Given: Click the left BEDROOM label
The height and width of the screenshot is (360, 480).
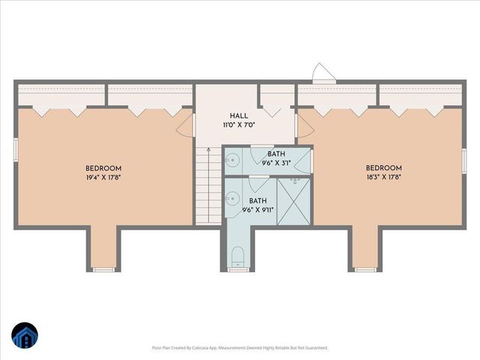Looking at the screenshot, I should (x=103, y=168).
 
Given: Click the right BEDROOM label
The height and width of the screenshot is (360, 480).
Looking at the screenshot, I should (x=384, y=168).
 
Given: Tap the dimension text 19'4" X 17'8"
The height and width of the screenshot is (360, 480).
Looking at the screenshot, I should (x=103, y=178).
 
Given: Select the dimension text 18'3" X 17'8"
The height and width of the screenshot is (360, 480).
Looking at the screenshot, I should (x=384, y=178).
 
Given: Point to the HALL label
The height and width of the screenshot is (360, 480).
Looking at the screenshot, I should (x=239, y=115).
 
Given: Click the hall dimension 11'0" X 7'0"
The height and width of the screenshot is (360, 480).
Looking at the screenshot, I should (x=239, y=125).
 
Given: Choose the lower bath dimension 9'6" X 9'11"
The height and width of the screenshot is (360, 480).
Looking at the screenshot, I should (x=258, y=211).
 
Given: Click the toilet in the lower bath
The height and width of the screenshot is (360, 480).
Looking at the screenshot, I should (x=238, y=257).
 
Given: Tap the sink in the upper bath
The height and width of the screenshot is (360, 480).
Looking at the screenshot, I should (x=232, y=160).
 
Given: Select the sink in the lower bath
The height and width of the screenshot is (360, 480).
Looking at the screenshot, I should (x=232, y=199).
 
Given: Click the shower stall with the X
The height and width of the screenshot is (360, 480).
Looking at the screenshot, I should (x=294, y=201).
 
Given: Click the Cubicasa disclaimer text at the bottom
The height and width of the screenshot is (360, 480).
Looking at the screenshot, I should (x=240, y=348).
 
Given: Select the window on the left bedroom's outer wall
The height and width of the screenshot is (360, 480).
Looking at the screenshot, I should (x=16, y=150).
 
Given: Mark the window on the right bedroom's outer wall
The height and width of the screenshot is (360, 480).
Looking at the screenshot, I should (x=464, y=160).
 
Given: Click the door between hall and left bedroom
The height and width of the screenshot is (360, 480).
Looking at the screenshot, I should (x=187, y=124).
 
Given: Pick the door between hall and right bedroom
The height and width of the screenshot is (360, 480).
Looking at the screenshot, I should (x=301, y=125).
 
